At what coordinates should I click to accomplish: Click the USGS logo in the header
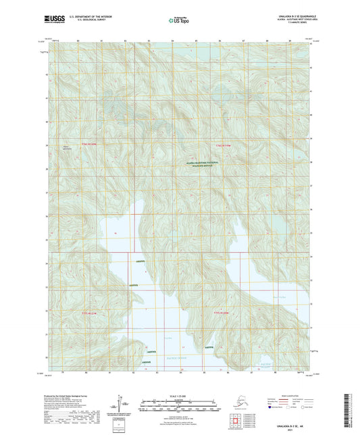pos(50,21)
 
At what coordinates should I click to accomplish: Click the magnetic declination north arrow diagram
pos(124,404)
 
